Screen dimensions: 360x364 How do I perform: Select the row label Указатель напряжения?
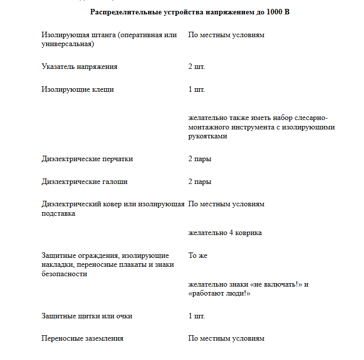coord(80,67)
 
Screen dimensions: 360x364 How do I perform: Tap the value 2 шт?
coord(196,67)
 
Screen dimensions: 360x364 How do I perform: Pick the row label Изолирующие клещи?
coord(78,90)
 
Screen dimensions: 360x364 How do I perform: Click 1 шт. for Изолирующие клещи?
coord(196,90)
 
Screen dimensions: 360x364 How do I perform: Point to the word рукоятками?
coord(208,136)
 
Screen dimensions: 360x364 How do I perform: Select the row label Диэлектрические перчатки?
coord(87,159)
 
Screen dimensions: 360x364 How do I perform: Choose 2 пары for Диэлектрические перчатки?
coord(200,159)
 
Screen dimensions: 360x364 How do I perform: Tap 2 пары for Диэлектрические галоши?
coord(200,181)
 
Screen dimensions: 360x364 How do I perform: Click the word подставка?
coord(59,213)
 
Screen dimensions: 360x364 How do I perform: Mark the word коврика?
coord(248,233)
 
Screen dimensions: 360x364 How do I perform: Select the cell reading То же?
coord(198,255)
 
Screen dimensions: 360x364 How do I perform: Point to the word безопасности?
coord(64,274)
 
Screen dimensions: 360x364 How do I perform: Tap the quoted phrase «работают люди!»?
coord(219,294)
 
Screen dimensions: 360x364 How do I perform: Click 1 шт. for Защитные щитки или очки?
coord(196,316)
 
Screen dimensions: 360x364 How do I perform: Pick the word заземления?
coord(100,339)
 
